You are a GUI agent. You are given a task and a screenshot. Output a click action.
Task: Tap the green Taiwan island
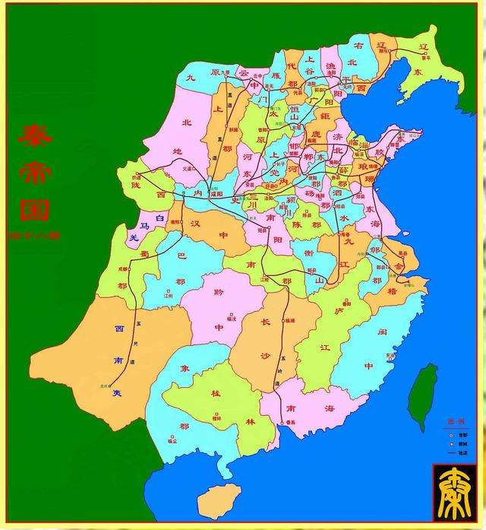pyautogui.click(x=423, y=395)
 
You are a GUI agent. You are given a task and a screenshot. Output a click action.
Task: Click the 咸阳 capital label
pyautogui.click(x=216, y=194)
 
